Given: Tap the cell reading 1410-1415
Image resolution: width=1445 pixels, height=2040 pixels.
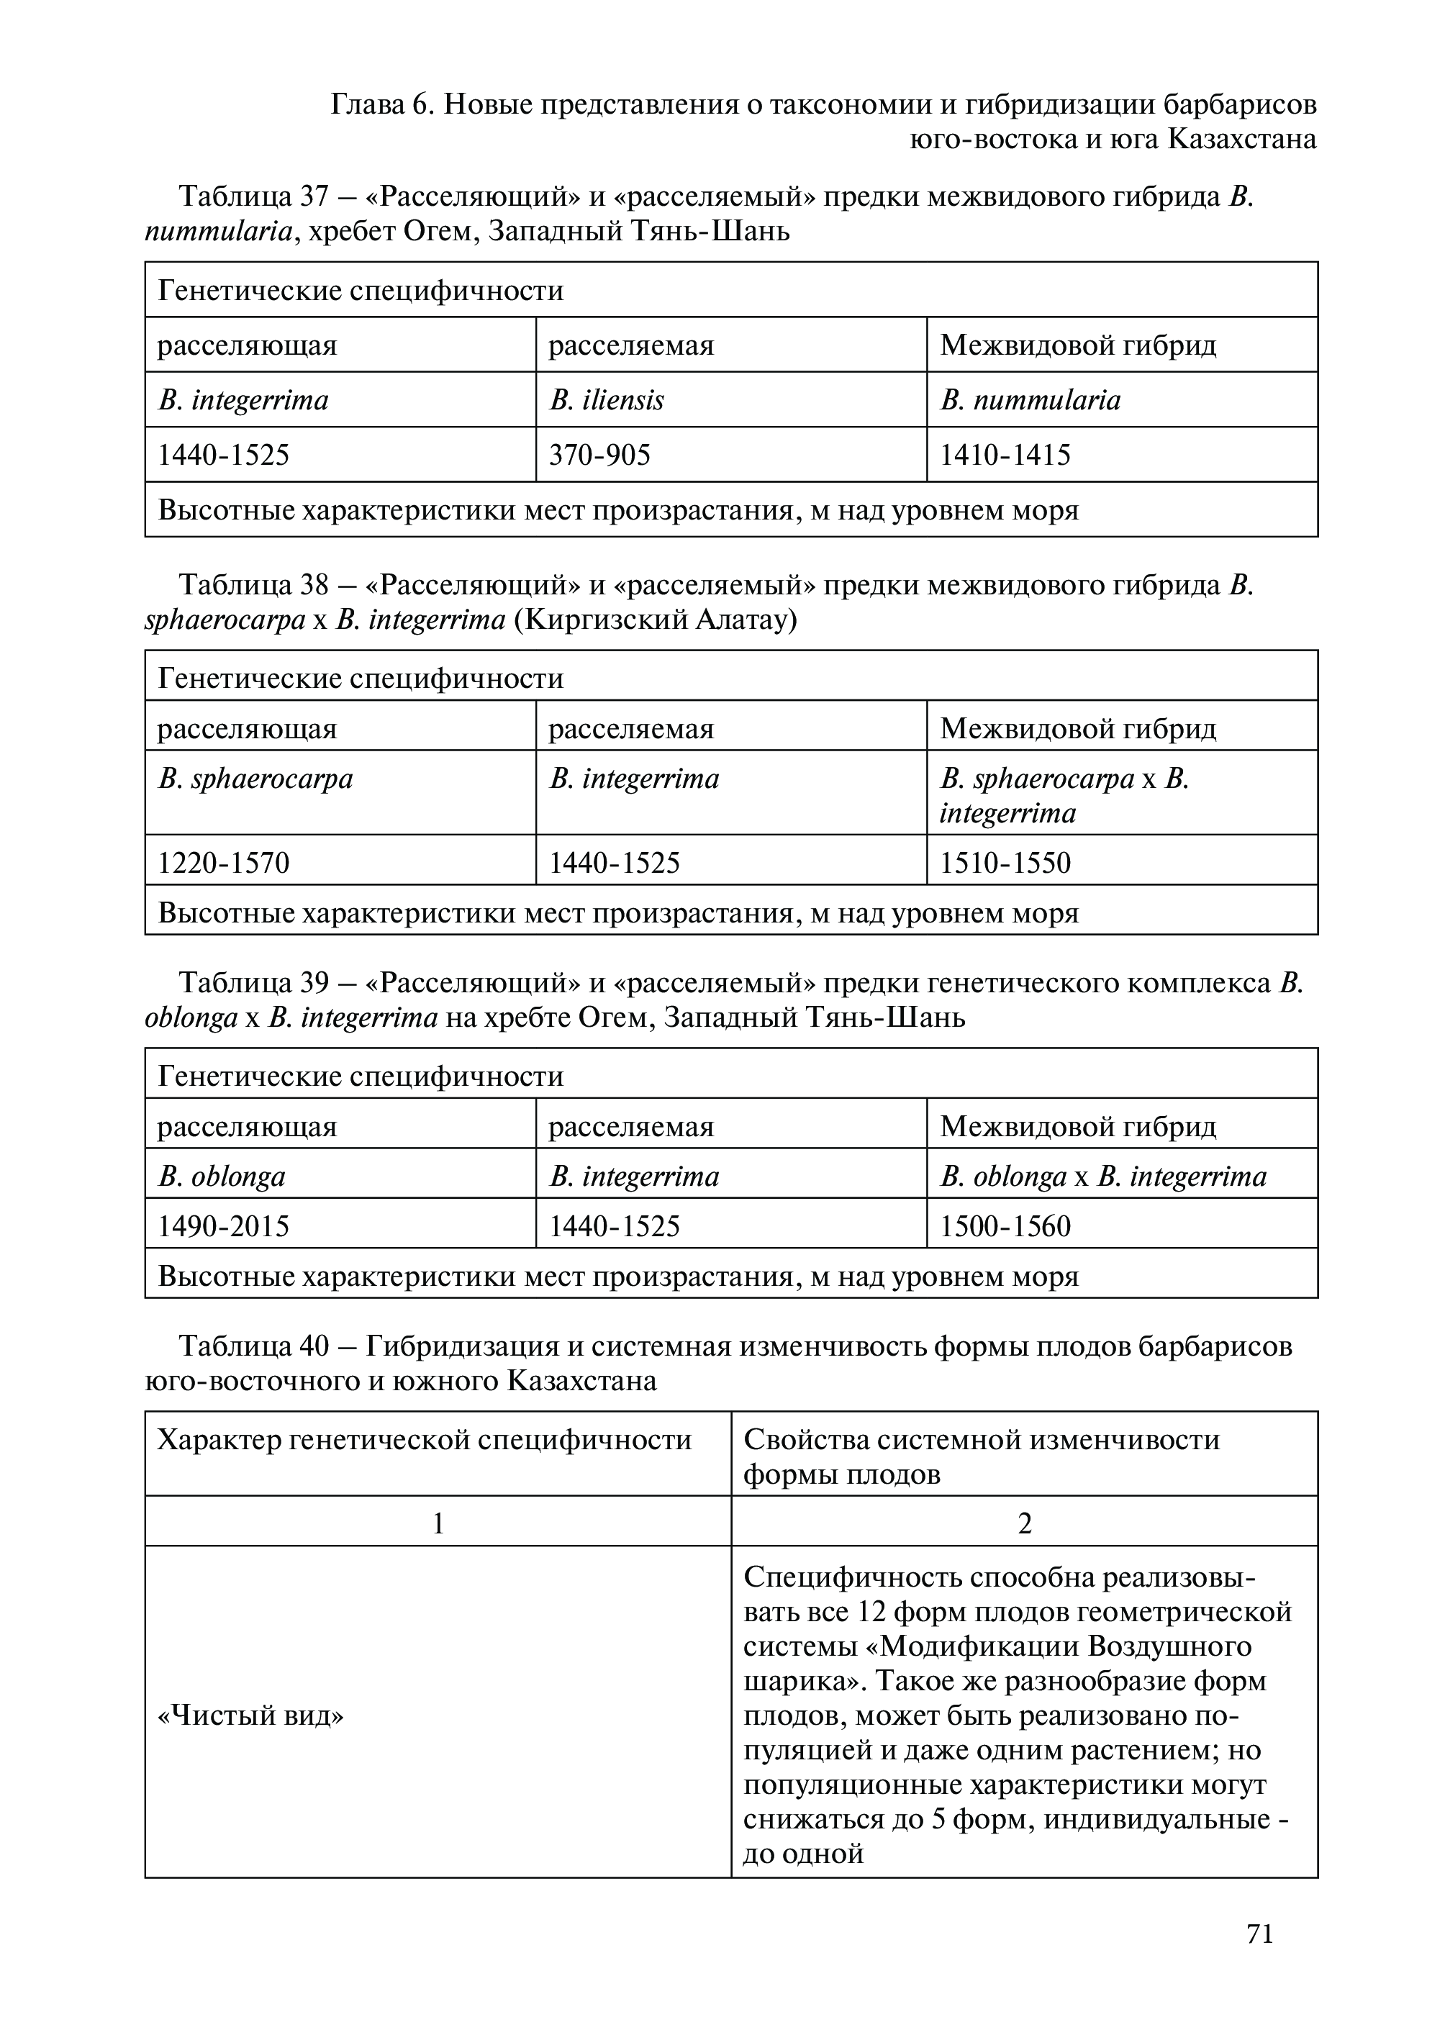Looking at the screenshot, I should (1005, 455).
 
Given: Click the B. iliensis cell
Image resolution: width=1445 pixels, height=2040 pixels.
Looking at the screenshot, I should (607, 400).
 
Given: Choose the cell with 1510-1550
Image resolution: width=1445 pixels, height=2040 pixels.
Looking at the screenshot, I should (1005, 862).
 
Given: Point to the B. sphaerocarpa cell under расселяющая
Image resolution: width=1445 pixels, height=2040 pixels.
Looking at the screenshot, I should (255, 779).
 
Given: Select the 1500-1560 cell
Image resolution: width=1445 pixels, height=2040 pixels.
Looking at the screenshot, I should (1005, 1226).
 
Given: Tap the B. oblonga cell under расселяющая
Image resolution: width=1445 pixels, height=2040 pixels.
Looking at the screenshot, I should (222, 1176).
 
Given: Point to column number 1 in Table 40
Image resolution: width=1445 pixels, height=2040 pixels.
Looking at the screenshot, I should (438, 1523).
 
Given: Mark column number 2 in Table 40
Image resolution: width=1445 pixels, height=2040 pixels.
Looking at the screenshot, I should (1024, 1523).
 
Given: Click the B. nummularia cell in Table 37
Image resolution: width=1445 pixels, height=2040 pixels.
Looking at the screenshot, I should (1030, 400).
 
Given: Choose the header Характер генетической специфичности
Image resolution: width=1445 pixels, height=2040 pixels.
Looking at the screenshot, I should (425, 1439).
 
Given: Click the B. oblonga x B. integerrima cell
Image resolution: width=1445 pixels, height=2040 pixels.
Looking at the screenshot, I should (1103, 1176).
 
